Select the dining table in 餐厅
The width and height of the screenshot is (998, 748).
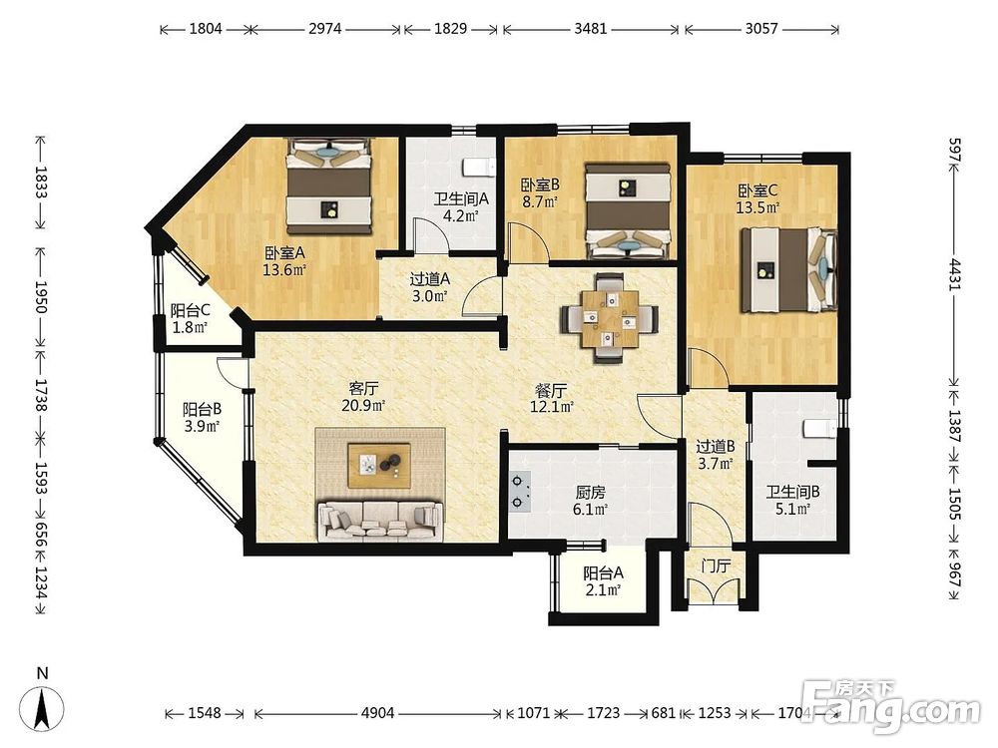click(x=609, y=318)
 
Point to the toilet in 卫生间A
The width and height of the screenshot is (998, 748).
click(x=479, y=167)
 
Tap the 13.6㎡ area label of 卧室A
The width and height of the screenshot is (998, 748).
click(x=284, y=270)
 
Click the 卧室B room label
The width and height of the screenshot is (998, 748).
click(x=540, y=186)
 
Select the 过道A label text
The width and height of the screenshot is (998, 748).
click(x=429, y=278)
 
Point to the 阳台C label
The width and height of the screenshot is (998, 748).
click(x=191, y=310)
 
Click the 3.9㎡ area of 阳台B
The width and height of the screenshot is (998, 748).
click(x=202, y=426)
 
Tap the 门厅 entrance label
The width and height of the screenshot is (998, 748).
click(x=716, y=565)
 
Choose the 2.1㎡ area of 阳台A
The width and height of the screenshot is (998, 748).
click(x=603, y=589)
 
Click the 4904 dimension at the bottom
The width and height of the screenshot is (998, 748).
click(x=378, y=712)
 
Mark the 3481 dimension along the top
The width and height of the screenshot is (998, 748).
click(x=591, y=29)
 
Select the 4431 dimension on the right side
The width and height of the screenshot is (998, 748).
click(x=954, y=274)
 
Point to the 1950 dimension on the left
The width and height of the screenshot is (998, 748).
click(x=40, y=297)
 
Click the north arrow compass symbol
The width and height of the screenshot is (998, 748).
click(x=42, y=706)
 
